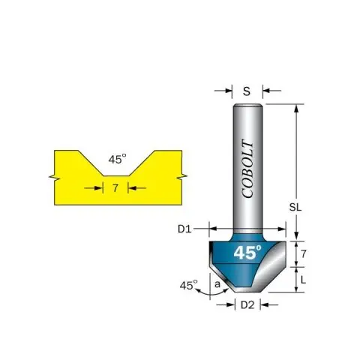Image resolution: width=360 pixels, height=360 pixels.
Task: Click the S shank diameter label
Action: pyautogui.click(x=247, y=91)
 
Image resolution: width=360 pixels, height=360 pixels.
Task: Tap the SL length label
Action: pyautogui.click(x=295, y=207)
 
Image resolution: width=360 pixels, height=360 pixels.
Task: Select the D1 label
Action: pyautogui.click(x=184, y=229)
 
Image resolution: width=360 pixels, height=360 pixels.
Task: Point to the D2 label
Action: pyautogui.click(x=247, y=305)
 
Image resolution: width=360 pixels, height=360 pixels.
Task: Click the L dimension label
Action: pyautogui.click(x=303, y=280)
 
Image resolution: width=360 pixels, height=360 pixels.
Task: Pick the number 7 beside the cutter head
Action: pyautogui.click(x=303, y=254)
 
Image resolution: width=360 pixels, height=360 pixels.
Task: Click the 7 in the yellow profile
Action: pyautogui.click(x=115, y=188)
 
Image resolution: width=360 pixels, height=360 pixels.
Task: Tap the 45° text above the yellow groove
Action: pyautogui.click(x=117, y=159)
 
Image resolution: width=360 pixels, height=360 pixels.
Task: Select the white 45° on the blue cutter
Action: pyautogui.click(x=247, y=252)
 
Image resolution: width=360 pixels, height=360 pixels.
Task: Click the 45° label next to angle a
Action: pyautogui.click(x=188, y=285)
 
